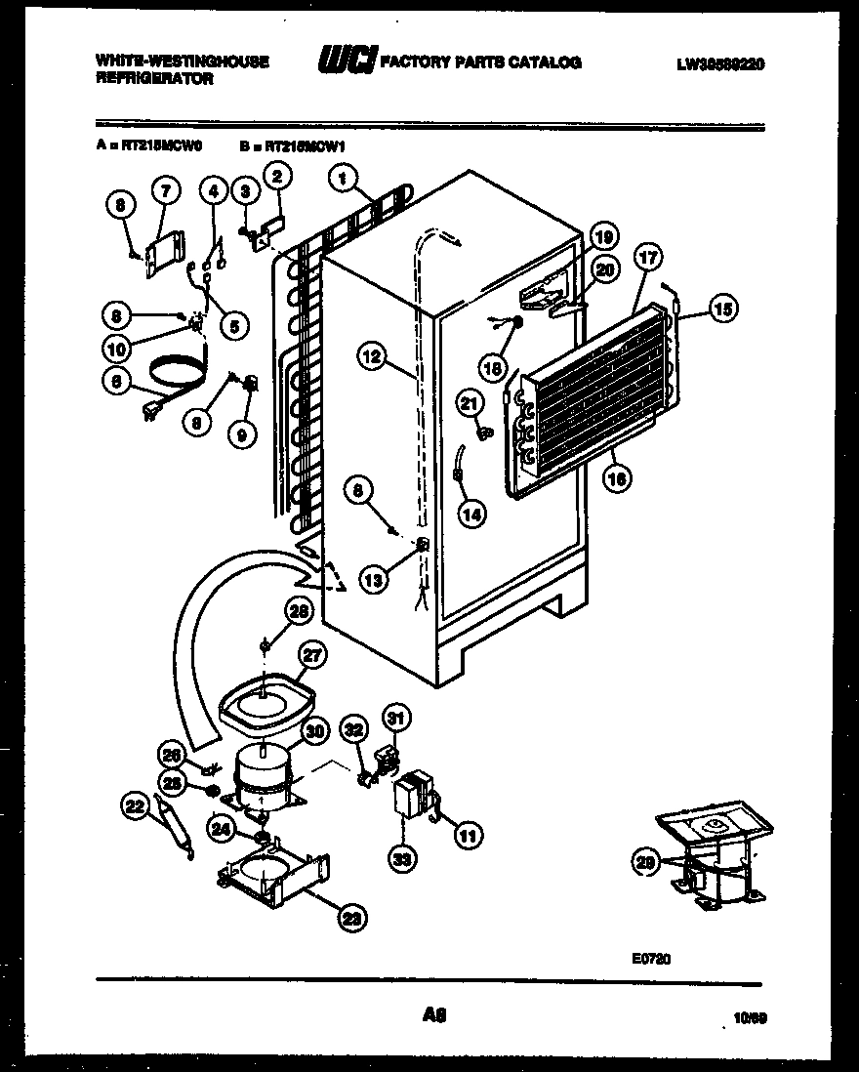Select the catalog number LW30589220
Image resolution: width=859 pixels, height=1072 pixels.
click(720, 64)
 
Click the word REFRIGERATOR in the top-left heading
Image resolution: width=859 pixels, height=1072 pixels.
click(154, 79)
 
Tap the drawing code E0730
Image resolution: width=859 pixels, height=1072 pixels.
click(650, 960)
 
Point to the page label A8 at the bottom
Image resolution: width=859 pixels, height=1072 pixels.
click(434, 1016)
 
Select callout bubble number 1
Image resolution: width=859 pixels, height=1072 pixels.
click(343, 178)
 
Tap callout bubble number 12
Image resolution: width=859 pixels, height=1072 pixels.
click(372, 357)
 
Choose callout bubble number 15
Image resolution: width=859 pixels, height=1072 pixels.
click(721, 309)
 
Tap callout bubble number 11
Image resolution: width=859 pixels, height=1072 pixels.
click(469, 835)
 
